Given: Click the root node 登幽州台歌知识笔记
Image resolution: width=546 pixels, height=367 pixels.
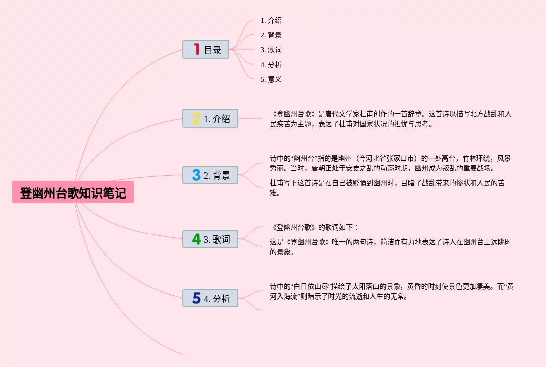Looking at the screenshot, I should pyautogui.click(x=73, y=193).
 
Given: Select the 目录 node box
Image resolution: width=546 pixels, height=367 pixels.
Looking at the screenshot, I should pyautogui.click(x=206, y=49).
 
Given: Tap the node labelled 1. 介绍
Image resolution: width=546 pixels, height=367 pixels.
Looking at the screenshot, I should pyautogui.click(x=210, y=118).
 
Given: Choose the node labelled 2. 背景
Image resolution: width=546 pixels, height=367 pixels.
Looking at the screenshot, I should pyautogui.click(x=210, y=175).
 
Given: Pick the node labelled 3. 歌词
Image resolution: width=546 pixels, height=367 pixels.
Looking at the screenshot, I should pyautogui.click(x=210, y=239).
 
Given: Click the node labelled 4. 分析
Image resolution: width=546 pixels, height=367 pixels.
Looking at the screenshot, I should pyautogui.click(x=210, y=298).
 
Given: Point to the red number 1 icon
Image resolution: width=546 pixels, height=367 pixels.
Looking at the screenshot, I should pyautogui.click(x=196, y=49).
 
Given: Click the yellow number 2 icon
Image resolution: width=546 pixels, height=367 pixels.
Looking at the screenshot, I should pyautogui.click(x=196, y=118).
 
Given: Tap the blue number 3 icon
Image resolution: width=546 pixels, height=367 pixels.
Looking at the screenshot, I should pyautogui.click(x=196, y=175).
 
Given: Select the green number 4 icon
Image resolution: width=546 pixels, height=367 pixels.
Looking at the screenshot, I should pyautogui.click(x=196, y=239).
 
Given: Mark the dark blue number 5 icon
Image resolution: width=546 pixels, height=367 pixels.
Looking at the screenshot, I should pyautogui.click(x=196, y=298).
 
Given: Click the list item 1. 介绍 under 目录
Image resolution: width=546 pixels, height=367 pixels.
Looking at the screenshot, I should pyautogui.click(x=271, y=21).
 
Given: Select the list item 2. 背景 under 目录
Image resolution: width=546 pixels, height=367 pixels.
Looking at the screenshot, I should pyautogui.click(x=271, y=35).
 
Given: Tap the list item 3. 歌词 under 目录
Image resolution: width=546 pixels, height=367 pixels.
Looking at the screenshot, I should pyautogui.click(x=271, y=50).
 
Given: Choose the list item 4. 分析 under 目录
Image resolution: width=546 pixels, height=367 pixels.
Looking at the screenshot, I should pyautogui.click(x=271, y=65).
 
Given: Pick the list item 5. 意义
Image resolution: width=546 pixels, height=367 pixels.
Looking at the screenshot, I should pyautogui.click(x=271, y=79).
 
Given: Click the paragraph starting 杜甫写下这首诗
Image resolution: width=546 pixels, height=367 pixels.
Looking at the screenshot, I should pyautogui.click(x=387, y=188).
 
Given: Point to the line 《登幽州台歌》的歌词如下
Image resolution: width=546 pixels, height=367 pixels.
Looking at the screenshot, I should pyautogui.click(x=314, y=227).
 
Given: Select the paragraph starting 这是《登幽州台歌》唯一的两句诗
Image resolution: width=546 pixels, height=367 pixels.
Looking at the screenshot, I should pyautogui.click(x=390, y=247).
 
